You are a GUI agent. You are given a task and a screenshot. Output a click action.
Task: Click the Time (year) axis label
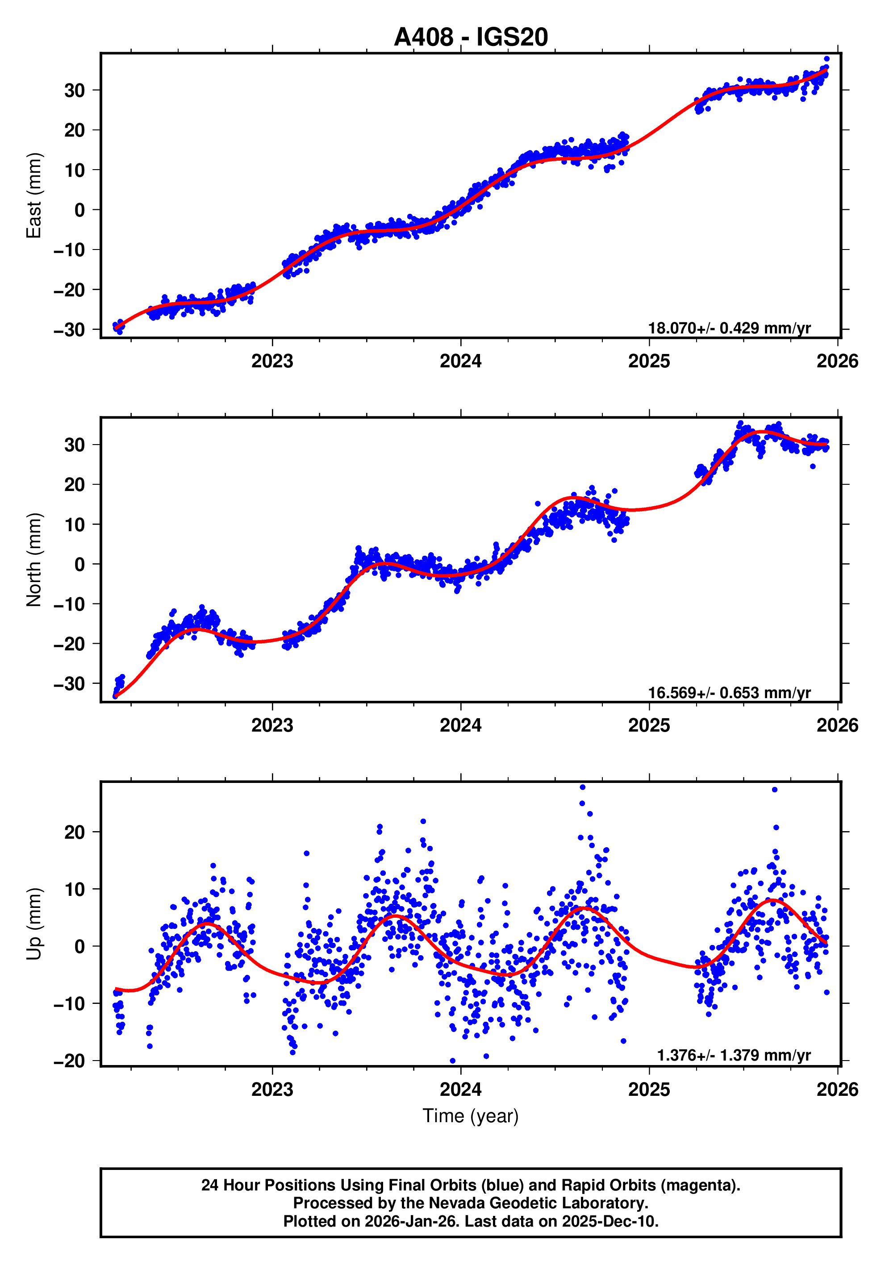pyautogui.click(x=470, y=1115)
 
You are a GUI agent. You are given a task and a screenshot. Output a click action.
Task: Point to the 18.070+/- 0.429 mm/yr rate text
pyautogui.click(x=729, y=329)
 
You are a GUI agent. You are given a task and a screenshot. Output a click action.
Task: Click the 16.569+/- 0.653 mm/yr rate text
pyautogui.click(x=729, y=693)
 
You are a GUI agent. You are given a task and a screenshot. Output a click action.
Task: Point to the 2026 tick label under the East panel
pyautogui.click(x=837, y=362)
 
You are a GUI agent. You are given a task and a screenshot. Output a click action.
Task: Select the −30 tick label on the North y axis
pyautogui.click(x=69, y=684)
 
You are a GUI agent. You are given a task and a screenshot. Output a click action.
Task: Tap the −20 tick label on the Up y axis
pyautogui.click(x=69, y=1061)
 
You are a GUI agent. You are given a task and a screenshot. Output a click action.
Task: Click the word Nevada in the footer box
pyautogui.click(x=457, y=1203)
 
